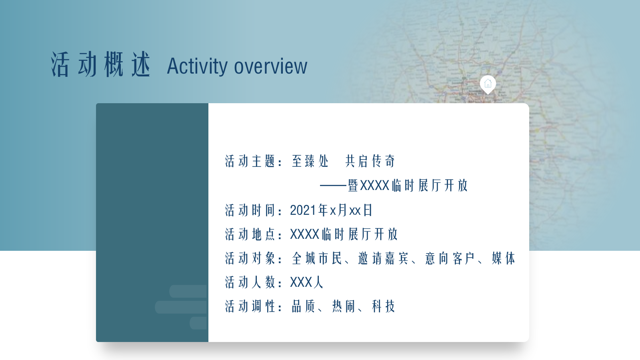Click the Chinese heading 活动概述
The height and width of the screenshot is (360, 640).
point(101,65)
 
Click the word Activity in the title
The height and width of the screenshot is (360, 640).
point(197,66)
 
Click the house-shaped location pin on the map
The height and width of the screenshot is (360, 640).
point(488,84)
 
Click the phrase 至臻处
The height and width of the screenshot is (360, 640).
point(310,161)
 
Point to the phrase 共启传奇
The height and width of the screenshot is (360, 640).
point(370,161)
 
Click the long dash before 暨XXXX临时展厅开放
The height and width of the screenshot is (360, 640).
point(333,186)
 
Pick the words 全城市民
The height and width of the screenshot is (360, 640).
point(317,258)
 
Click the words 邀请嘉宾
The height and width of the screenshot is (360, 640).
point(383,258)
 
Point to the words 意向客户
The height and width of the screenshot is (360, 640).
point(450,258)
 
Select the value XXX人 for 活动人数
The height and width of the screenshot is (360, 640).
point(306,282)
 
